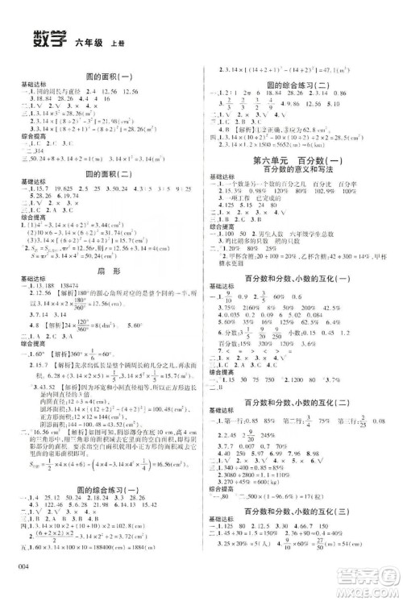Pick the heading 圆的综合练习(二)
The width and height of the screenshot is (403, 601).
(x=298, y=84)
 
